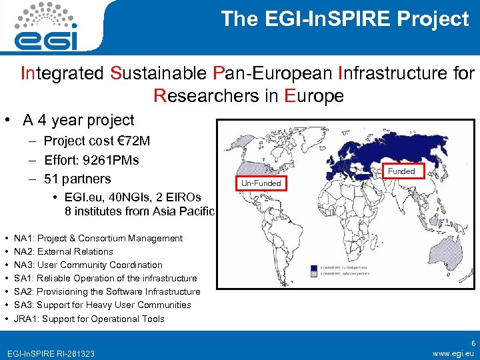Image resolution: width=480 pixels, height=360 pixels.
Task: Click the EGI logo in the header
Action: pos(48,27)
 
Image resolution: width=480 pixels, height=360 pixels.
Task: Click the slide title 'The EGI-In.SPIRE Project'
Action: pos(345,19)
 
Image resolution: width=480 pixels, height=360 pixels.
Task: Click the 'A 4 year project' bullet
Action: pos(78,120)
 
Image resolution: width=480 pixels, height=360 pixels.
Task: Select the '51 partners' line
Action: pos(77,179)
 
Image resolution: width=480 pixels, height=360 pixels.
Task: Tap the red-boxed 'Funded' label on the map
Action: pos(401,171)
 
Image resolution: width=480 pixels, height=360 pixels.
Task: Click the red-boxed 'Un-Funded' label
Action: pos(261,183)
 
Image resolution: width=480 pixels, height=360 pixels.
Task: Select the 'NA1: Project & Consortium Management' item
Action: pos(98,238)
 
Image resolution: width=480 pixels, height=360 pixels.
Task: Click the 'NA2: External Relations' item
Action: pos(63,251)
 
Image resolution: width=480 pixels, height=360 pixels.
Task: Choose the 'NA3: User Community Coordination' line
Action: pos(88,265)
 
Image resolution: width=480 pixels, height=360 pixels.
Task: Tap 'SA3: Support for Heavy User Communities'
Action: pos(102,305)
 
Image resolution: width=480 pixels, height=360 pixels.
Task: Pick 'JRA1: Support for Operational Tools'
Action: pos(89,319)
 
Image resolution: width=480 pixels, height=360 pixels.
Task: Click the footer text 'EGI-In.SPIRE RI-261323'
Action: pos(50,353)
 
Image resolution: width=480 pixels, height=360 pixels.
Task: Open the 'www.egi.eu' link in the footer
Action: pos(453,352)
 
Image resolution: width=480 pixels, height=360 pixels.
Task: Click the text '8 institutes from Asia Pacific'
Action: pos(140,211)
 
